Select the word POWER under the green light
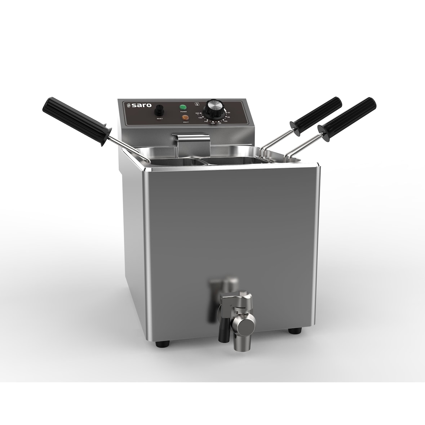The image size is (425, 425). (183, 112)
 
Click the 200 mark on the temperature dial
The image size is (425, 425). (198, 113)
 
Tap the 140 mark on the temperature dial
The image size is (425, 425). (213, 123)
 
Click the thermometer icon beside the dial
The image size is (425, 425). (196, 104)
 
